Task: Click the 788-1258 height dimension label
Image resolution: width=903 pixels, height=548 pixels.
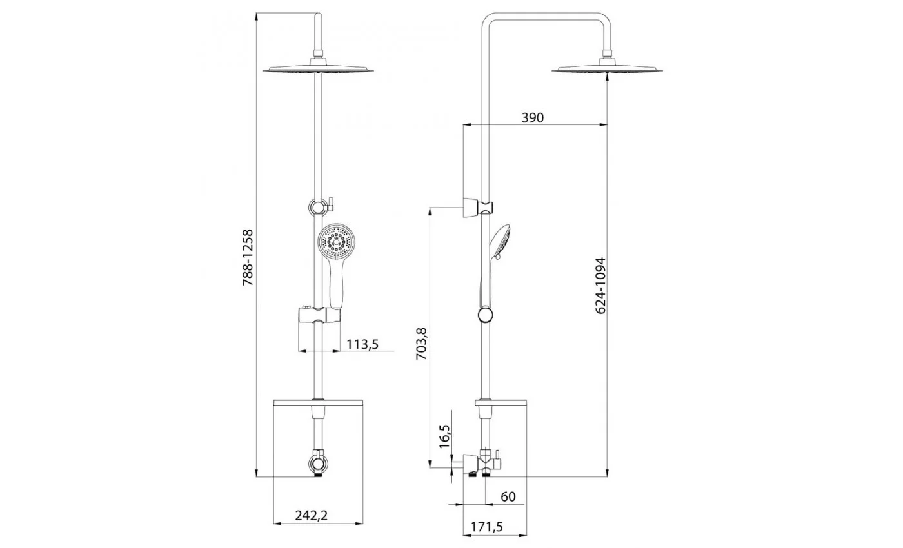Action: [x=248, y=257]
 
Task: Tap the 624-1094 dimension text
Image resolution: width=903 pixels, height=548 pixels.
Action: [x=600, y=286]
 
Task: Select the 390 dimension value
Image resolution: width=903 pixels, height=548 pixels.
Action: [x=533, y=117]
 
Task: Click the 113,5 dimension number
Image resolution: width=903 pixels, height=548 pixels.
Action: [x=362, y=344]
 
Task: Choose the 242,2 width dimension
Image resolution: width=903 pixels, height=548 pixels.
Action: [x=312, y=515]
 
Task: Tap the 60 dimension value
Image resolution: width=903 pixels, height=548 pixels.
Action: [x=508, y=496]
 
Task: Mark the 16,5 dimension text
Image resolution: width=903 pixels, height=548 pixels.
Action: [x=444, y=436]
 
